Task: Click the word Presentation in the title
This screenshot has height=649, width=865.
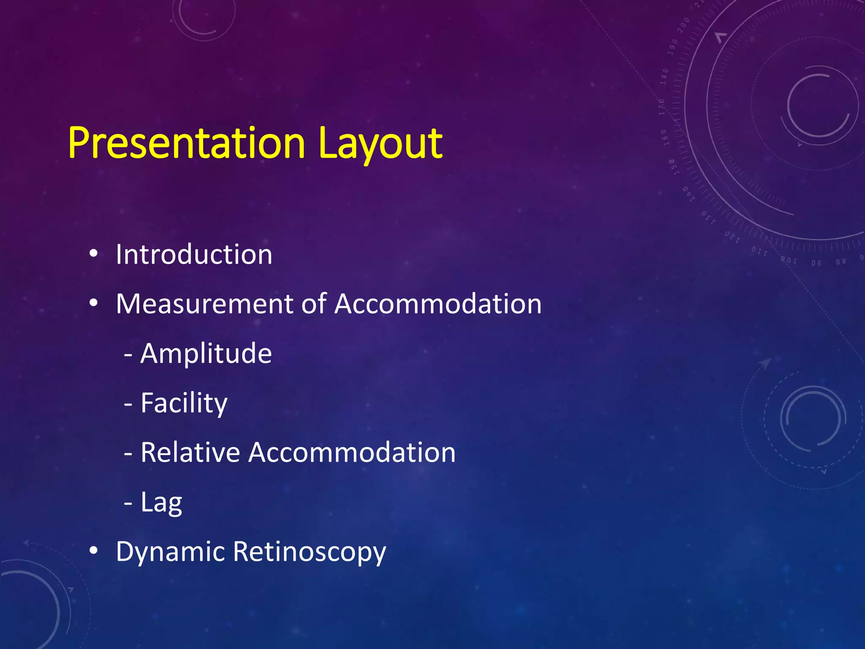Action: pos(186,144)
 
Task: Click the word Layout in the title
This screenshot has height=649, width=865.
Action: pos(380,144)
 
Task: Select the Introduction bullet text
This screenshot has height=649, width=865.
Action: pos(194,255)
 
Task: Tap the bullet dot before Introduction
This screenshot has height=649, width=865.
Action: pos(94,254)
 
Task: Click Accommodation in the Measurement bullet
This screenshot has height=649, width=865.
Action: pos(438,304)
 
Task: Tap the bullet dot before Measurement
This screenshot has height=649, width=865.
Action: pos(94,303)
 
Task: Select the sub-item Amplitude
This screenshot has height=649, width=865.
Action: pos(206,354)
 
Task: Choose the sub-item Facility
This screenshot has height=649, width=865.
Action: pos(184,404)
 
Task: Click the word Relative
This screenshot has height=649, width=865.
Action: pos(190,453)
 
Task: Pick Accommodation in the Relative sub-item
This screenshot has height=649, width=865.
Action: pos(352,453)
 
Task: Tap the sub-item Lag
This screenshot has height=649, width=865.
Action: pos(161,503)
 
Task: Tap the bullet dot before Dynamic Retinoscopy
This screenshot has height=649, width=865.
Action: pos(94,551)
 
